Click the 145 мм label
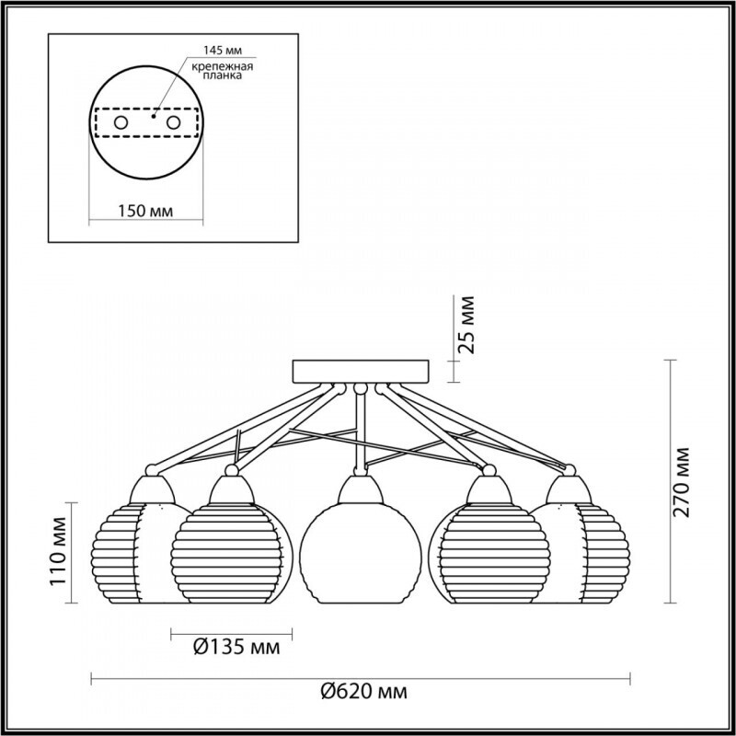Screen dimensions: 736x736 pos(223,50)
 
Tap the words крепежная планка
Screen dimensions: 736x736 pos(223,71)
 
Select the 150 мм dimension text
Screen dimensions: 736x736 pos(145,211)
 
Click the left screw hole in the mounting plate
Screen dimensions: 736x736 pos(121,123)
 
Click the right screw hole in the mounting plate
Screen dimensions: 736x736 pos(173,123)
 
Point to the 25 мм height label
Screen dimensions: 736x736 pos(466,325)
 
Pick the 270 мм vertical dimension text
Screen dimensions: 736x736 pos(682,482)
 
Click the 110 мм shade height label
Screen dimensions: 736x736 pos(59,551)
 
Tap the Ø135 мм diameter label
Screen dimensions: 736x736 pos(236,648)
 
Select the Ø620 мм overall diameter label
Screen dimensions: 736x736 pos(364,692)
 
